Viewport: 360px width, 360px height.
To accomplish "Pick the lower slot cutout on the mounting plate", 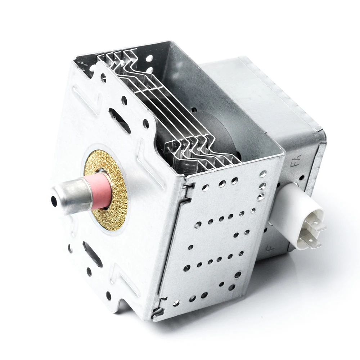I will point(92,254).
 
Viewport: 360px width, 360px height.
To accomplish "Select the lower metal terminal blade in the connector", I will point(310,241).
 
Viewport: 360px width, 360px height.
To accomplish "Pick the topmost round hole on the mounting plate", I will point(103,76).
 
